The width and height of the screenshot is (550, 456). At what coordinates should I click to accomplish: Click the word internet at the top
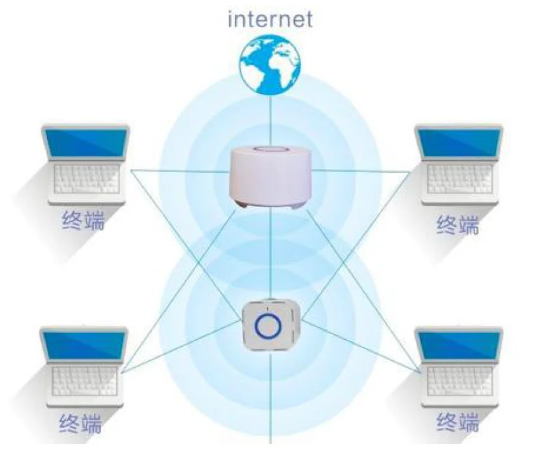tap(271, 19)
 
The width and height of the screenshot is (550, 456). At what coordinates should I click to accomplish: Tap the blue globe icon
tap(270, 64)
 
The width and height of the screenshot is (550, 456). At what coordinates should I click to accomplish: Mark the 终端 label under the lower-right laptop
tap(458, 422)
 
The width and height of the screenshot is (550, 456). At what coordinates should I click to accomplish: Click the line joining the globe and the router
tap(271, 121)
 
